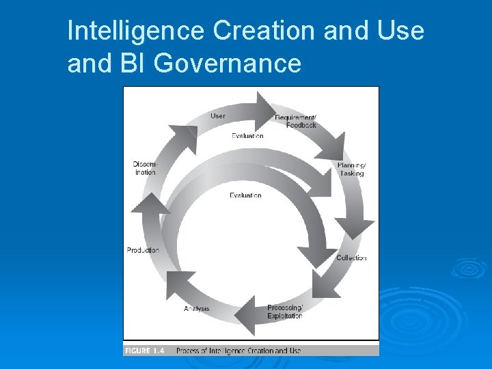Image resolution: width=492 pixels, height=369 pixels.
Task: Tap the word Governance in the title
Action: pos(228,64)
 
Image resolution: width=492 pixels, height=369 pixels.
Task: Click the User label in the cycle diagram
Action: pos(218,116)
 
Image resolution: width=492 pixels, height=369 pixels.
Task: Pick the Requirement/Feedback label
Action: pos(296,122)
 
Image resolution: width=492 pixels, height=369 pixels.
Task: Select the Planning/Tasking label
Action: pos(351,169)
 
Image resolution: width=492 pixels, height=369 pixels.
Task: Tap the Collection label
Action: pos(351,258)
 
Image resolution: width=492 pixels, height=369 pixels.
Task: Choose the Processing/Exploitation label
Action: pos(285,312)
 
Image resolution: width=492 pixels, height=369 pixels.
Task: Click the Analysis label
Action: pos(197,309)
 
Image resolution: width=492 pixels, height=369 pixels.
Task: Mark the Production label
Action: pos(143,250)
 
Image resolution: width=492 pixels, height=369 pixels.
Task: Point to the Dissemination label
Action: pos(145,168)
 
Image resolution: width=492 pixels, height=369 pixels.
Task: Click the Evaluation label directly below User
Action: pos(247,136)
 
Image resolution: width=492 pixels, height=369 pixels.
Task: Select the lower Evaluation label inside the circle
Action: pos(245,195)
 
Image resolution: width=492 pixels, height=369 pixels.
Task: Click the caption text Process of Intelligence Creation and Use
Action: pos(238,351)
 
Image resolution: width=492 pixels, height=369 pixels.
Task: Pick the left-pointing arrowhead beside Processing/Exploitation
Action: pos(245,316)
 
